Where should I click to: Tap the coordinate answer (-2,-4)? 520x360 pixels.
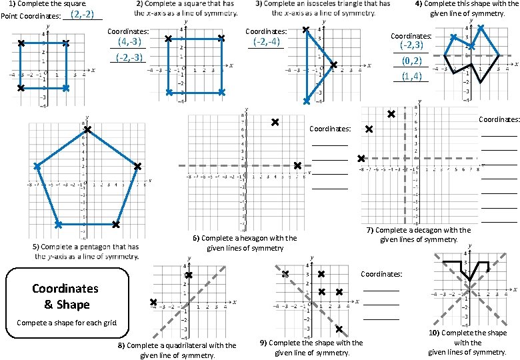pos(266,41)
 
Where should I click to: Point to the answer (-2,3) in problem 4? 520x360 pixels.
pos(412,46)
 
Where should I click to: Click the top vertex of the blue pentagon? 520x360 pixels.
pos(87,129)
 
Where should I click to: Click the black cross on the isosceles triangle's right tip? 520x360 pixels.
pos(333,65)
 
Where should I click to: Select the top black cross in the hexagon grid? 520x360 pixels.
pos(275,122)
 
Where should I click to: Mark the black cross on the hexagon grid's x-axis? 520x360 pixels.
pos(297,165)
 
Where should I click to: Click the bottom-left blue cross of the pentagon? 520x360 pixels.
pos(58,225)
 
